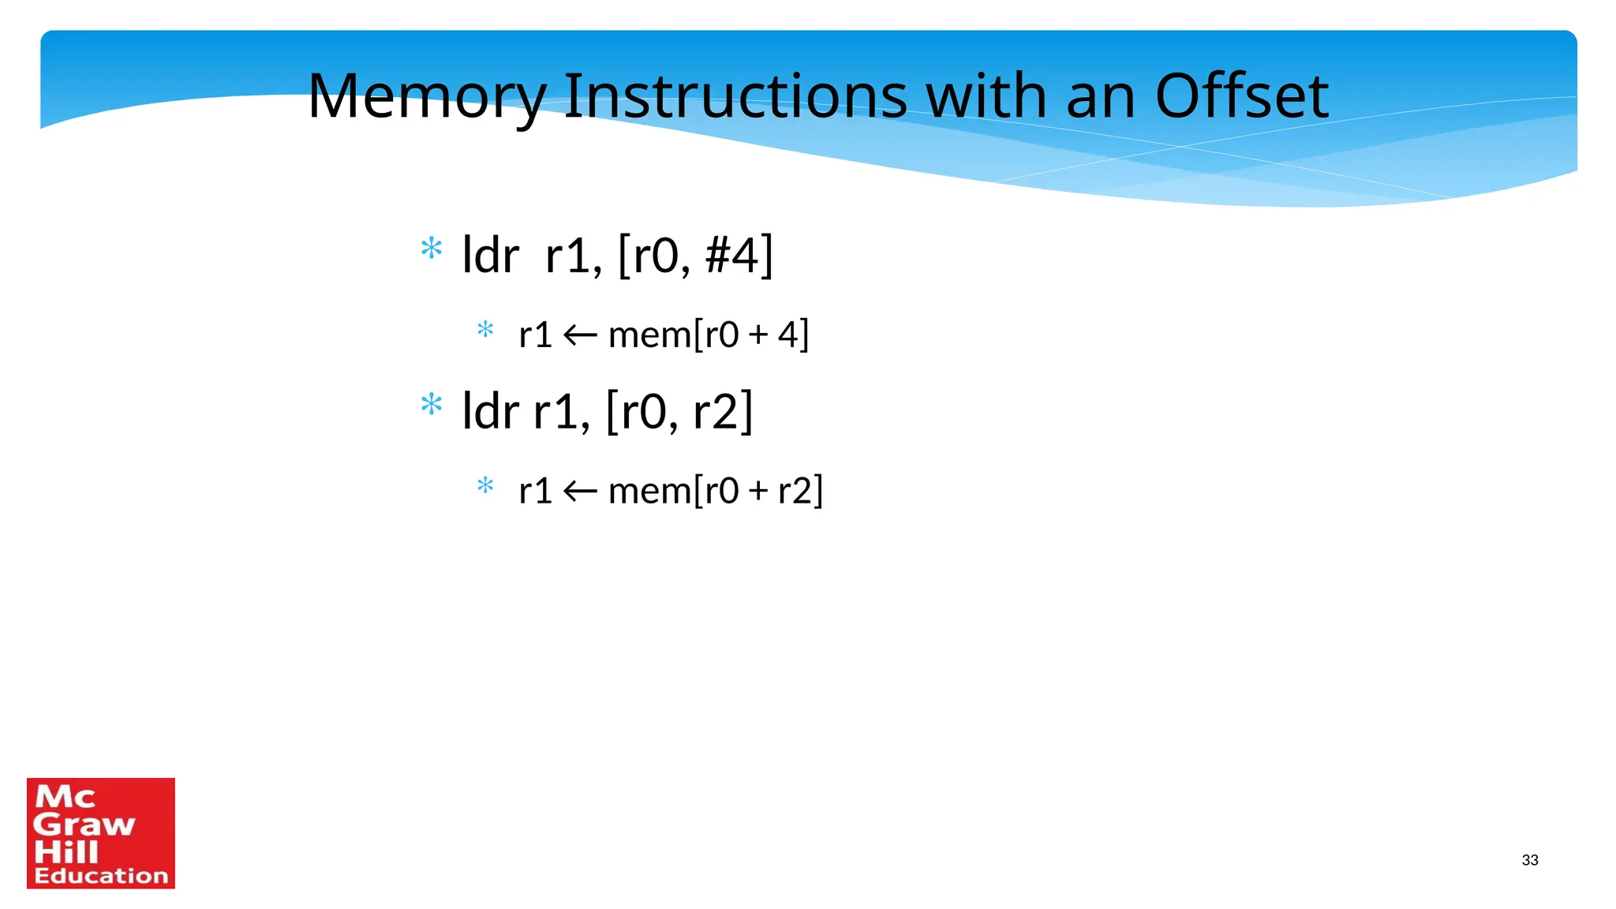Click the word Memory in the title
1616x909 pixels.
(x=426, y=96)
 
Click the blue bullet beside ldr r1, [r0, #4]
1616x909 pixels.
(x=431, y=249)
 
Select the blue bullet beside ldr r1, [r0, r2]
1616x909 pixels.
(x=431, y=405)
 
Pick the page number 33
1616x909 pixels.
(x=1529, y=860)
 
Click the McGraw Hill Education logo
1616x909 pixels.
(x=101, y=833)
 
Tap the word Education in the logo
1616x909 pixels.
(x=101, y=876)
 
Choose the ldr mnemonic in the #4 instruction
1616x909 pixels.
(x=490, y=256)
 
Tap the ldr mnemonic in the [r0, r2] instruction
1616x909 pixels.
(x=490, y=412)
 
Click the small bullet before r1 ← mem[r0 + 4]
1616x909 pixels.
(x=485, y=329)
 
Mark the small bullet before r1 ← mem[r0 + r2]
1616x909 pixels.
(x=485, y=485)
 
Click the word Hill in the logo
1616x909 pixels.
(x=66, y=852)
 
